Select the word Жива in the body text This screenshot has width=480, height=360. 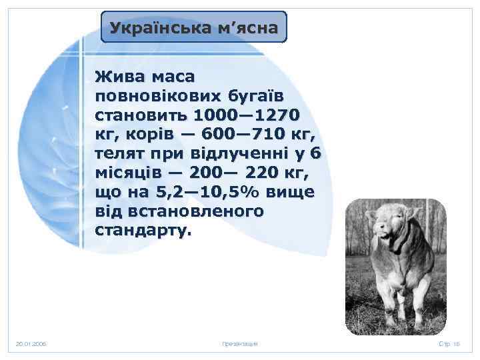pyautogui.click(x=119, y=73)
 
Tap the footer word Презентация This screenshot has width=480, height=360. pyautogui.click(x=240, y=344)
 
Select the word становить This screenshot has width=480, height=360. pyautogui.click(x=143, y=113)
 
